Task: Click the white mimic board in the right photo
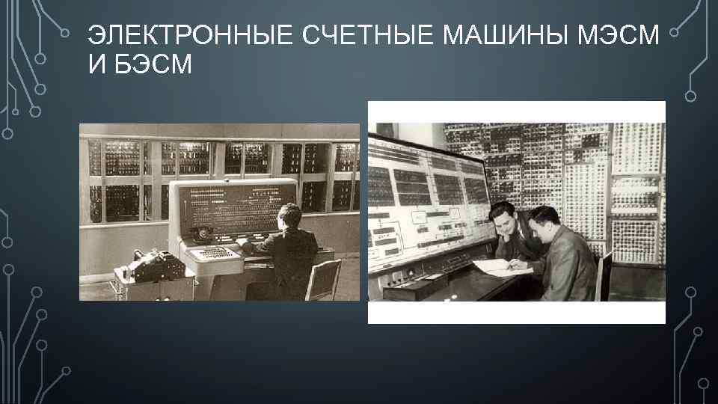426,202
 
